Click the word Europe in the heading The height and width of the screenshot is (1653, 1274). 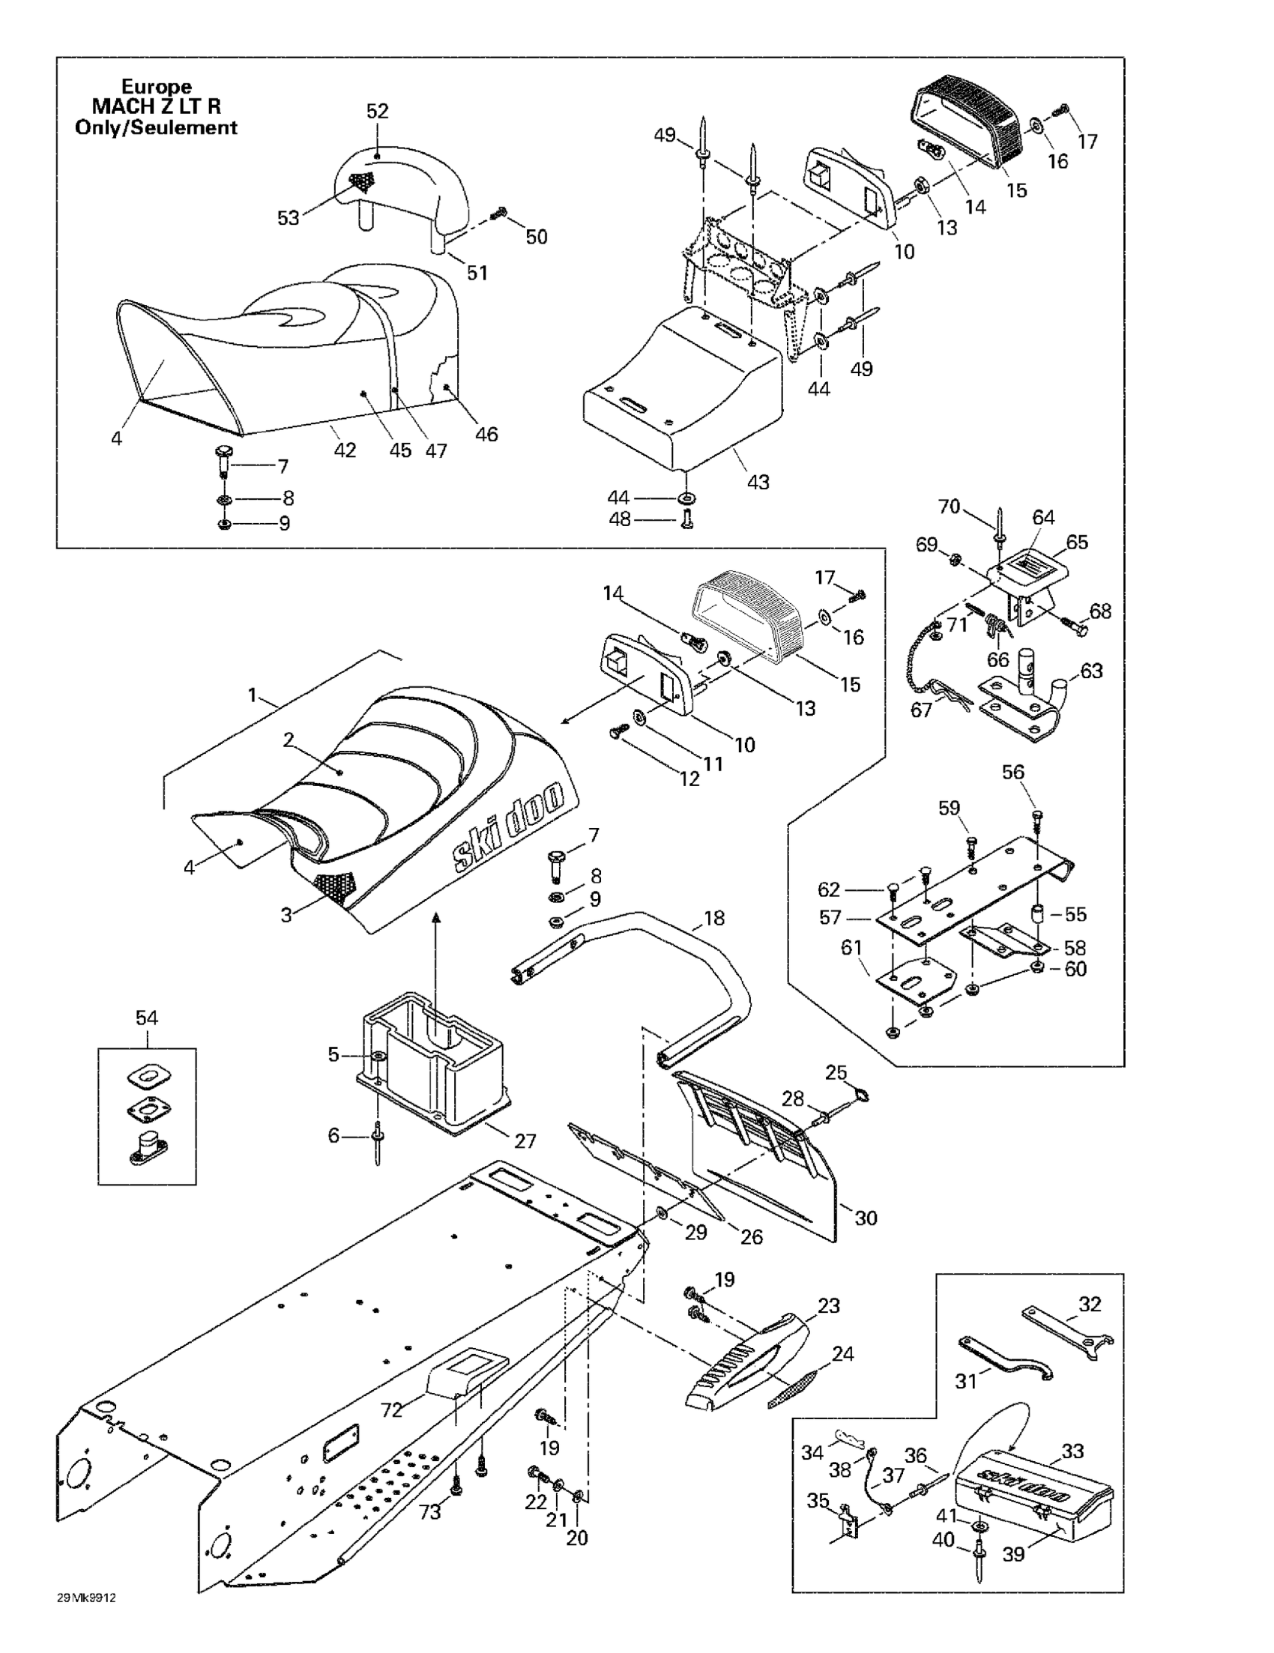(x=157, y=87)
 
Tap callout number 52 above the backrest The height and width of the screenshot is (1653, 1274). (x=377, y=111)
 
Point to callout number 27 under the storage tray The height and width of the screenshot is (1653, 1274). (x=525, y=1140)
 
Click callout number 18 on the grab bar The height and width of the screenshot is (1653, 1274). (x=714, y=918)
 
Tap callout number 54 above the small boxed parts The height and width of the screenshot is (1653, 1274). (x=147, y=1018)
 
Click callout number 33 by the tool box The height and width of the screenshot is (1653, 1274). (x=1072, y=1451)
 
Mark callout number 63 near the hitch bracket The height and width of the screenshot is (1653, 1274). (x=1092, y=671)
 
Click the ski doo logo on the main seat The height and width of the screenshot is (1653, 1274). (x=509, y=829)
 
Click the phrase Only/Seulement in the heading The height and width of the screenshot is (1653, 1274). (x=157, y=127)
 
